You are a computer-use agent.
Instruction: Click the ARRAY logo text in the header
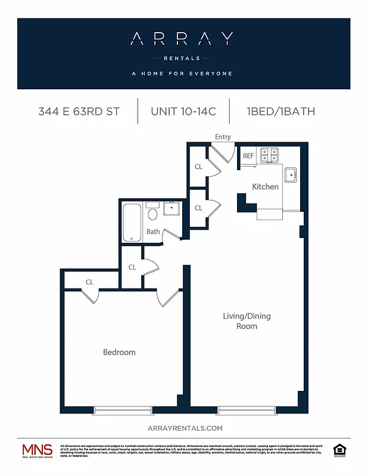click(182, 39)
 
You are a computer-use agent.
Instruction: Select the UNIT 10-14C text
click(183, 111)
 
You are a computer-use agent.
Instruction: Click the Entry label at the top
click(223, 137)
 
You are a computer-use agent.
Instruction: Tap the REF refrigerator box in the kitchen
click(248, 156)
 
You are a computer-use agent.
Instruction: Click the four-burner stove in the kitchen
click(270, 155)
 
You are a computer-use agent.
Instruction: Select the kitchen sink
click(290, 175)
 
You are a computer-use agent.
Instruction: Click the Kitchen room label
click(265, 187)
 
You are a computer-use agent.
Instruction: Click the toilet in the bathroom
click(152, 213)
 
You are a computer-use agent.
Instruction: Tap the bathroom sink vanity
click(171, 208)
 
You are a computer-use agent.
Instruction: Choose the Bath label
click(153, 231)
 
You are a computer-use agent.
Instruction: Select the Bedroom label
click(119, 352)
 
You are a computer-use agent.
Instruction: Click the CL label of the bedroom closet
click(89, 282)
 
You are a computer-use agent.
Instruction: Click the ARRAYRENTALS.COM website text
click(183, 428)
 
